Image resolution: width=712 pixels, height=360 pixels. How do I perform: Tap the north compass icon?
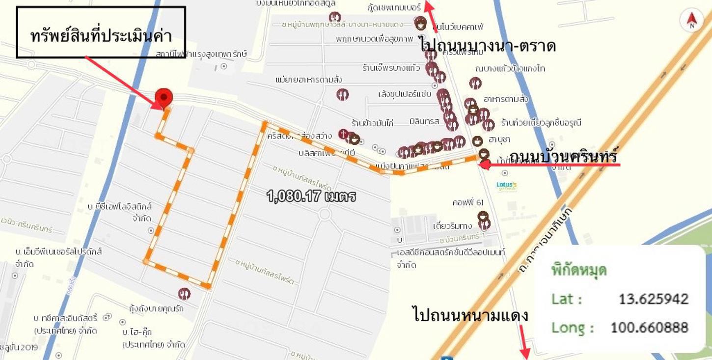click(691, 20)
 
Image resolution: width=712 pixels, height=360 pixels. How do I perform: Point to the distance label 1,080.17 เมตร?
click(311, 196)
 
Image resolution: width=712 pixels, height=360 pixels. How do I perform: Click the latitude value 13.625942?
click(653, 299)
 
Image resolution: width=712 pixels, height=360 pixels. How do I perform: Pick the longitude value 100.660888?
click(649, 328)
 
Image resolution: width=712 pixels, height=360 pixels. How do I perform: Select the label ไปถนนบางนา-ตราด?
click(488, 46)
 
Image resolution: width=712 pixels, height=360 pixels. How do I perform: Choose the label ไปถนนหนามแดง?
click(470, 314)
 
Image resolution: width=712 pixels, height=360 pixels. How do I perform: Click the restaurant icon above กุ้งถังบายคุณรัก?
click(184, 294)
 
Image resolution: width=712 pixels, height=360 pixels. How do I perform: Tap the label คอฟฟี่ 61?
click(468, 202)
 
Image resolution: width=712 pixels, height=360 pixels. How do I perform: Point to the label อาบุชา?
click(499, 141)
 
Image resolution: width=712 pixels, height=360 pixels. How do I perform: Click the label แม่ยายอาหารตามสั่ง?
click(309, 80)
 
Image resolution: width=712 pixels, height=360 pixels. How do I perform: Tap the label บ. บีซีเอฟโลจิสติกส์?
click(120, 206)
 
